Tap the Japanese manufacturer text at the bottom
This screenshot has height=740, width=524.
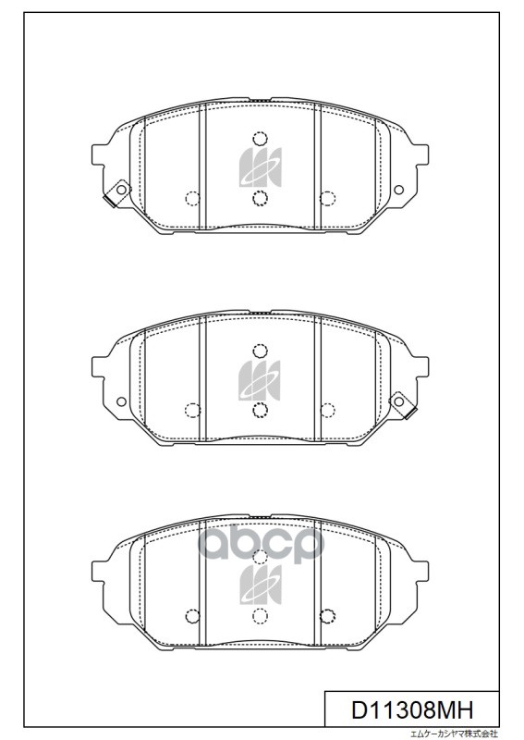453,734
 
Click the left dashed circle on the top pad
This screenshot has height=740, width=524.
192,198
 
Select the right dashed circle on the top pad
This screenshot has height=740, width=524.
326,198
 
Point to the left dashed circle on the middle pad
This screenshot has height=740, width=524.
192,409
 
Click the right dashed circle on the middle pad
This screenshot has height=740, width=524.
326,409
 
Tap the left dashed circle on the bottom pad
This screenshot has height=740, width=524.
192,617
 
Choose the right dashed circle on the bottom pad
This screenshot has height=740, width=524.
326,617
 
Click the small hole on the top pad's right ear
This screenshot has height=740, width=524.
399,191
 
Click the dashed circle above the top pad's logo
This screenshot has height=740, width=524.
260,140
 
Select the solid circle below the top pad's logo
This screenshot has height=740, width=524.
260,197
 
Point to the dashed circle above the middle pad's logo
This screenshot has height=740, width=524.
260,350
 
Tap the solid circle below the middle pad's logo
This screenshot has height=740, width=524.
260,408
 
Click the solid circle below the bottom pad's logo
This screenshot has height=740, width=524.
260,617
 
